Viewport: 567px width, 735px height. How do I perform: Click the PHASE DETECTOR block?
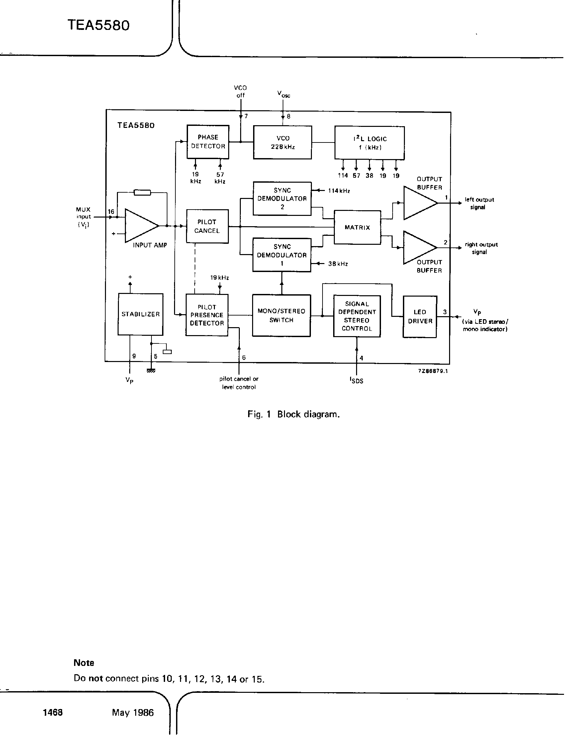[x=208, y=142]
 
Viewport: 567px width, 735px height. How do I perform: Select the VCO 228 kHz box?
[x=282, y=142]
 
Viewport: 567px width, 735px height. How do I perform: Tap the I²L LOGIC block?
[x=369, y=143]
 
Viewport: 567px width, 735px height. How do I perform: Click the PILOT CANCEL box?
[x=207, y=226]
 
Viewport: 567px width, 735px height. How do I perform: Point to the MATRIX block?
[x=357, y=228]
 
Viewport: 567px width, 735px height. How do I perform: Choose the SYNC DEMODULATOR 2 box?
[x=282, y=199]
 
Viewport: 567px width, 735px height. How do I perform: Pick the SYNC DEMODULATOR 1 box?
[x=282, y=255]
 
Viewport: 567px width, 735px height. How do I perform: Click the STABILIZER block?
[x=140, y=314]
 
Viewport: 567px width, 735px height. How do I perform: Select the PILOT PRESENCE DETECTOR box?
[x=207, y=315]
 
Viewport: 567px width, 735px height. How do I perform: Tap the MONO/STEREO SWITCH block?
[x=281, y=315]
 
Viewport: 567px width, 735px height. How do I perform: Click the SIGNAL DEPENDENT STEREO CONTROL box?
[x=357, y=316]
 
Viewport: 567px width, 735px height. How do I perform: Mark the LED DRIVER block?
[x=420, y=317]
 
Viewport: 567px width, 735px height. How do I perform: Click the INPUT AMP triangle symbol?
[x=140, y=226]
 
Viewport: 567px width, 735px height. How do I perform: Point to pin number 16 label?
[x=111, y=212]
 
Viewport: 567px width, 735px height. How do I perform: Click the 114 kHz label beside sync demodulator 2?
[x=339, y=191]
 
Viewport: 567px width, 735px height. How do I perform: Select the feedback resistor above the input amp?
[x=142, y=193]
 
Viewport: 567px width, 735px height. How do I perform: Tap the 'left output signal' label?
[x=479, y=203]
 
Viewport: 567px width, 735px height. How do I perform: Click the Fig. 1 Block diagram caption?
[x=293, y=414]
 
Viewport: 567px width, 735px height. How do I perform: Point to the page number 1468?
[x=52, y=712]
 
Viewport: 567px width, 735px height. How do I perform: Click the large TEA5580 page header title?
[x=98, y=26]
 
